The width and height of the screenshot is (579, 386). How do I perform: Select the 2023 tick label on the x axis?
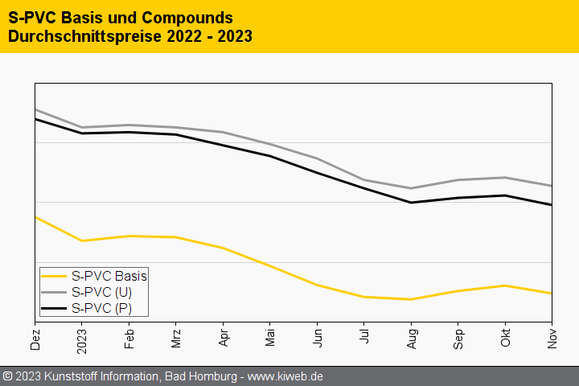[x=82, y=339]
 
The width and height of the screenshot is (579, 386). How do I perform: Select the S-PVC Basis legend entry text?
[x=109, y=276]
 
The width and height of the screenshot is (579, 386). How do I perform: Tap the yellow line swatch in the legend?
[x=55, y=276]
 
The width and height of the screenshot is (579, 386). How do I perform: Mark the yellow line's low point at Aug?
[x=411, y=299]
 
